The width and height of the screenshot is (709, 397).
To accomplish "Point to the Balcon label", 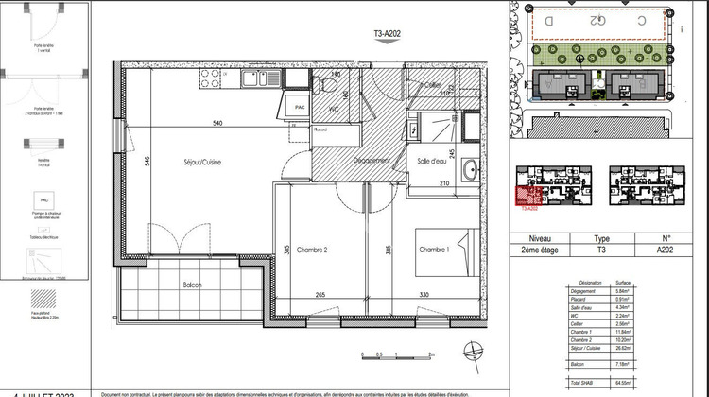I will pyautogui.click(x=193, y=285).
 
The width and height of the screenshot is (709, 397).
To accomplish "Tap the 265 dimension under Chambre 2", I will pyautogui.click(x=321, y=294).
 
